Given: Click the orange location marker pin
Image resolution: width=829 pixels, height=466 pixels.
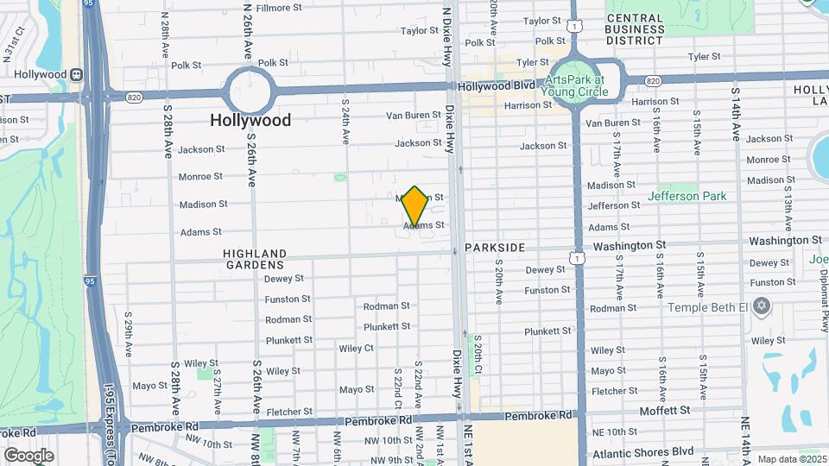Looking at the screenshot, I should click(414, 206).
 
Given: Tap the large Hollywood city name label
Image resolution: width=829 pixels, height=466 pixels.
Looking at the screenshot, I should click(250, 120).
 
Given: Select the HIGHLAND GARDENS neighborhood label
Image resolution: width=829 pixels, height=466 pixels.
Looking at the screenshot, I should click(254, 258).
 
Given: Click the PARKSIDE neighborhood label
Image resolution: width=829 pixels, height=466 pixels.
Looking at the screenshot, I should click(494, 248).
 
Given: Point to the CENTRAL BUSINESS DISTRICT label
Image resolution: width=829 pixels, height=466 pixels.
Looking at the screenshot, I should click(647, 29).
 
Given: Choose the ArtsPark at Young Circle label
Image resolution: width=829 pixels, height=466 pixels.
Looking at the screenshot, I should click(574, 85).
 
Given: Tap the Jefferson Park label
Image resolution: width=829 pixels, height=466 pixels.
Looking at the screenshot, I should click(693, 197).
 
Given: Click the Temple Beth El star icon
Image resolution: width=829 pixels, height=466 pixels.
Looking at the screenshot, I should click(761, 306).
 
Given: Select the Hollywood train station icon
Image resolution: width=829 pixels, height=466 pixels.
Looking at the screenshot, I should click(77, 74).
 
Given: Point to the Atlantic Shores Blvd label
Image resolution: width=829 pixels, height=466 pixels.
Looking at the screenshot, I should click(642, 450).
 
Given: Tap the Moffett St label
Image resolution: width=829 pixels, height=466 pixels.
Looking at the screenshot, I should click(664, 411).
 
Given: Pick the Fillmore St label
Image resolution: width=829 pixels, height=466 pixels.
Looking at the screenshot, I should click(278, 8).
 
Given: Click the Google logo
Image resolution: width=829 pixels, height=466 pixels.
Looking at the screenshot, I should click(28, 455).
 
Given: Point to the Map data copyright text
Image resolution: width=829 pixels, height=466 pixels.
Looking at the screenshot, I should click(790, 459).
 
